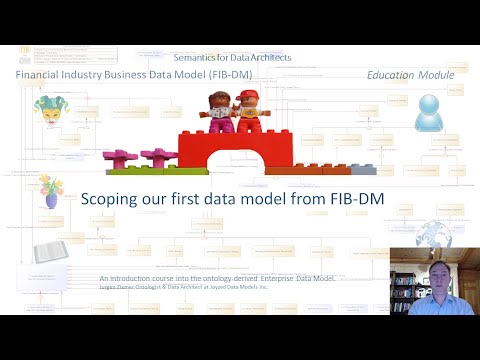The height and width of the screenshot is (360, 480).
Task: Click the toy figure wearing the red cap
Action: (x=245, y=110)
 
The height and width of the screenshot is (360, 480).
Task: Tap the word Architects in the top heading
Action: (x=269, y=58)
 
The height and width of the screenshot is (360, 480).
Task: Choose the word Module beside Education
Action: (x=436, y=75)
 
